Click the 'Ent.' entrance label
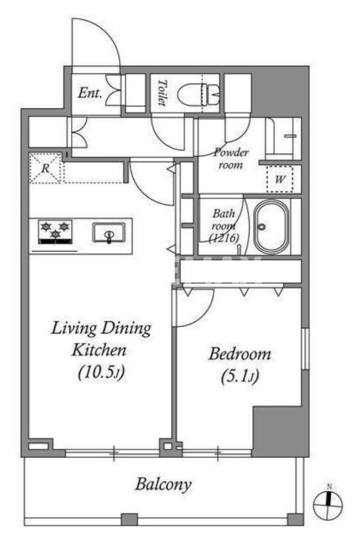[x=90, y=93]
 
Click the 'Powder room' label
[x=231, y=158]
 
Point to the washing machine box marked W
[x=280, y=179]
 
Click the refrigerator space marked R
[x=45, y=169]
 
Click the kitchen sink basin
[x=109, y=233]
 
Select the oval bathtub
[x=271, y=227]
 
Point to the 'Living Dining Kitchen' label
[x=100, y=340]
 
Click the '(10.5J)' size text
[x=101, y=372]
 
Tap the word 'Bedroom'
[x=240, y=354]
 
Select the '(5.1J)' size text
[x=240, y=376]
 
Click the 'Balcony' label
[x=163, y=484]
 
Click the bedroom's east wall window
[x=305, y=349]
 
